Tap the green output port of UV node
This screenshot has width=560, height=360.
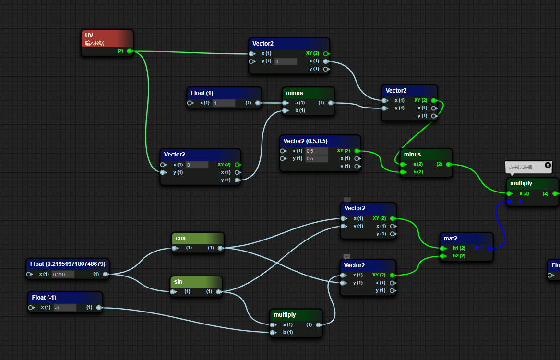tap(130, 51)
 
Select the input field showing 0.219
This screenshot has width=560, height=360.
tap(63, 275)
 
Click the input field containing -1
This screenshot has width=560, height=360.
tap(64, 308)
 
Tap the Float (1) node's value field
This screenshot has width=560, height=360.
tap(224, 103)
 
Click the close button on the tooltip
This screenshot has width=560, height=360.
tap(548, 165)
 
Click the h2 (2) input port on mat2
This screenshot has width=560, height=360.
tap(442, 256)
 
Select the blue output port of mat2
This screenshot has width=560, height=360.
tap(489, 248)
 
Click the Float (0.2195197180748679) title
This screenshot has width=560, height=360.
tap(67, 264)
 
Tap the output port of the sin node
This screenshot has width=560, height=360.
tap(219, 291)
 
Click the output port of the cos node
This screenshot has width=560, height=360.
tap(220, 248)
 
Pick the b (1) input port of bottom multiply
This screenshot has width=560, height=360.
tap(273, 332)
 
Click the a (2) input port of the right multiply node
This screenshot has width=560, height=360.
tap(509, 193)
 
